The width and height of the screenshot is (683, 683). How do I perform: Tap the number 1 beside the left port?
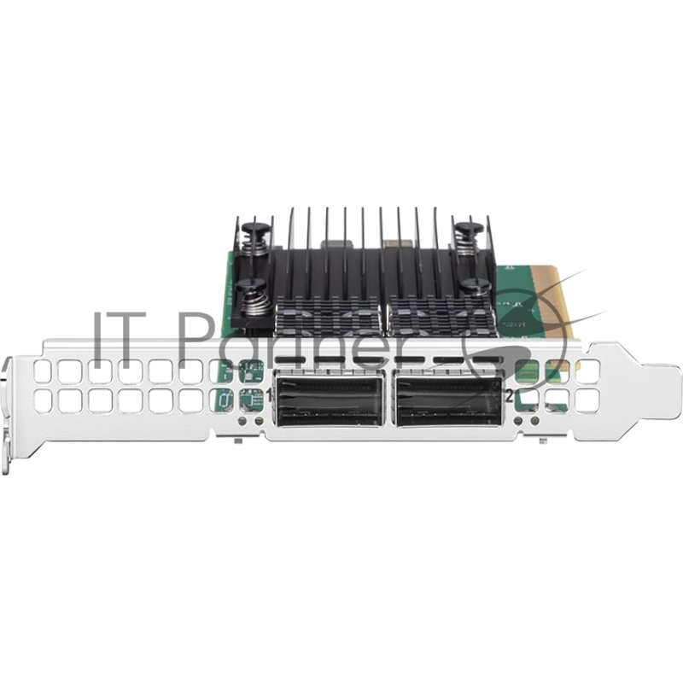[x=271, y=395]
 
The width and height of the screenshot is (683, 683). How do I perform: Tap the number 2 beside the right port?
[x=509, y=395]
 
